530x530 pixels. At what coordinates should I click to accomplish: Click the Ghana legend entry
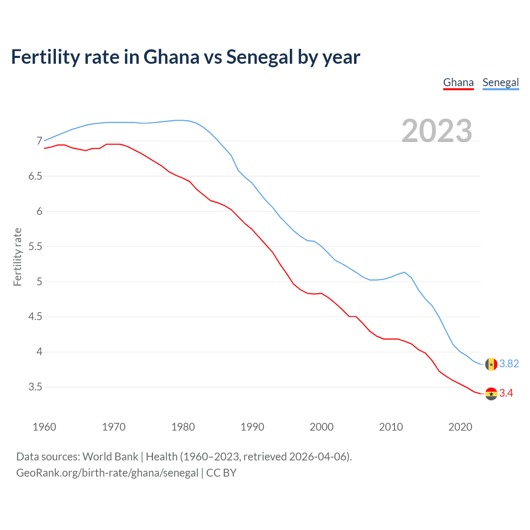coord(458,82)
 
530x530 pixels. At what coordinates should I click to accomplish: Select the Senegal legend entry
coord(501,82)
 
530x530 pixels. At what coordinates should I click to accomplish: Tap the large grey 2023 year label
coord(437,131)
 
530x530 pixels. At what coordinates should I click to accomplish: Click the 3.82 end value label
coord(509,364)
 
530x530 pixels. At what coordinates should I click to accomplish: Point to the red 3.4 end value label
coord(506,393)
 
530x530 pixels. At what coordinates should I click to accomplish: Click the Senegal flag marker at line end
coord(491,364)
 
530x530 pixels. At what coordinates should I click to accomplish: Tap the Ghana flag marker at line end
coord(491,394)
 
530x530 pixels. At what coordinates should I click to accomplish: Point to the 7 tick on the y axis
coord(39,141)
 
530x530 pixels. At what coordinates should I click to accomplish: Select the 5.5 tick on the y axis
coord(35,247)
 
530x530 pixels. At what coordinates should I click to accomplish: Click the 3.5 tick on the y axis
coord(35,387)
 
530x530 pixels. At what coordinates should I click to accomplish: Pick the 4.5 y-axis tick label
coord(35,317)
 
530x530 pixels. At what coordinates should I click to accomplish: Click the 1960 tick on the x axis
coord(44,427)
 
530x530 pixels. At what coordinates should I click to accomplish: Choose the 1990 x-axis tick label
coord(252,427)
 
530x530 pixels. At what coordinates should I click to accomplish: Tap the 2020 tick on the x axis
coord(460,427)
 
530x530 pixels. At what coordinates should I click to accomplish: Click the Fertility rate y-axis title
coord(17,257)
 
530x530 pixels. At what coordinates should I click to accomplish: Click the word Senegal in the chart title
coord(259,57)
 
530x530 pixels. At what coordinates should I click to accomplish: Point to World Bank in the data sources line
coord(110,457)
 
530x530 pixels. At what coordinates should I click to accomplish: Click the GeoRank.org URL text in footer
coord(107,473)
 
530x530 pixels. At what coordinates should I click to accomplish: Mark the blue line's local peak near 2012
coord(405,272)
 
